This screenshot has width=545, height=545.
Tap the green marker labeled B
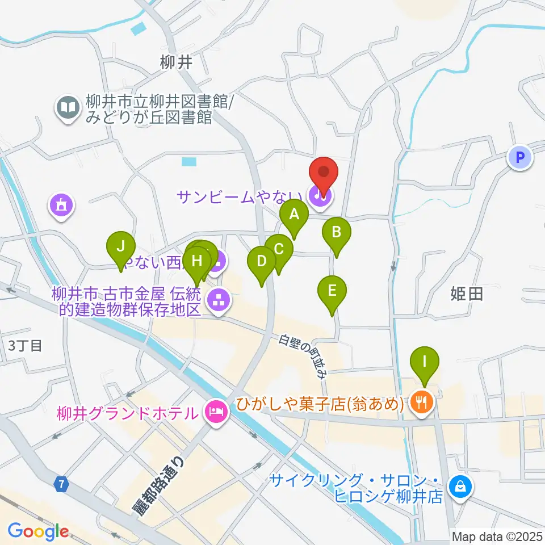(337, 232)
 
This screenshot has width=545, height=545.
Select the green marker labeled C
(279, 249)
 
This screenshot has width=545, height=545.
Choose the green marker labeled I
(424, 360)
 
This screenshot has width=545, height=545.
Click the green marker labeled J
(120, 247)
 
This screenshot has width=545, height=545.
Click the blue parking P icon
(519, 157)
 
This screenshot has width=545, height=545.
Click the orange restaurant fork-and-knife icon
(421, 403)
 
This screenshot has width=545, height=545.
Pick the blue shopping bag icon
(458, 486)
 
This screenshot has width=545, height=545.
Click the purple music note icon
(318, 196)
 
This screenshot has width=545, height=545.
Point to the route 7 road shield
(62, 484)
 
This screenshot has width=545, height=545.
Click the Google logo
(39, 532)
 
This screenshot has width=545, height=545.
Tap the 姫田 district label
(466, 294)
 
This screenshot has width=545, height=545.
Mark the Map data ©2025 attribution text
(496, 535)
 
